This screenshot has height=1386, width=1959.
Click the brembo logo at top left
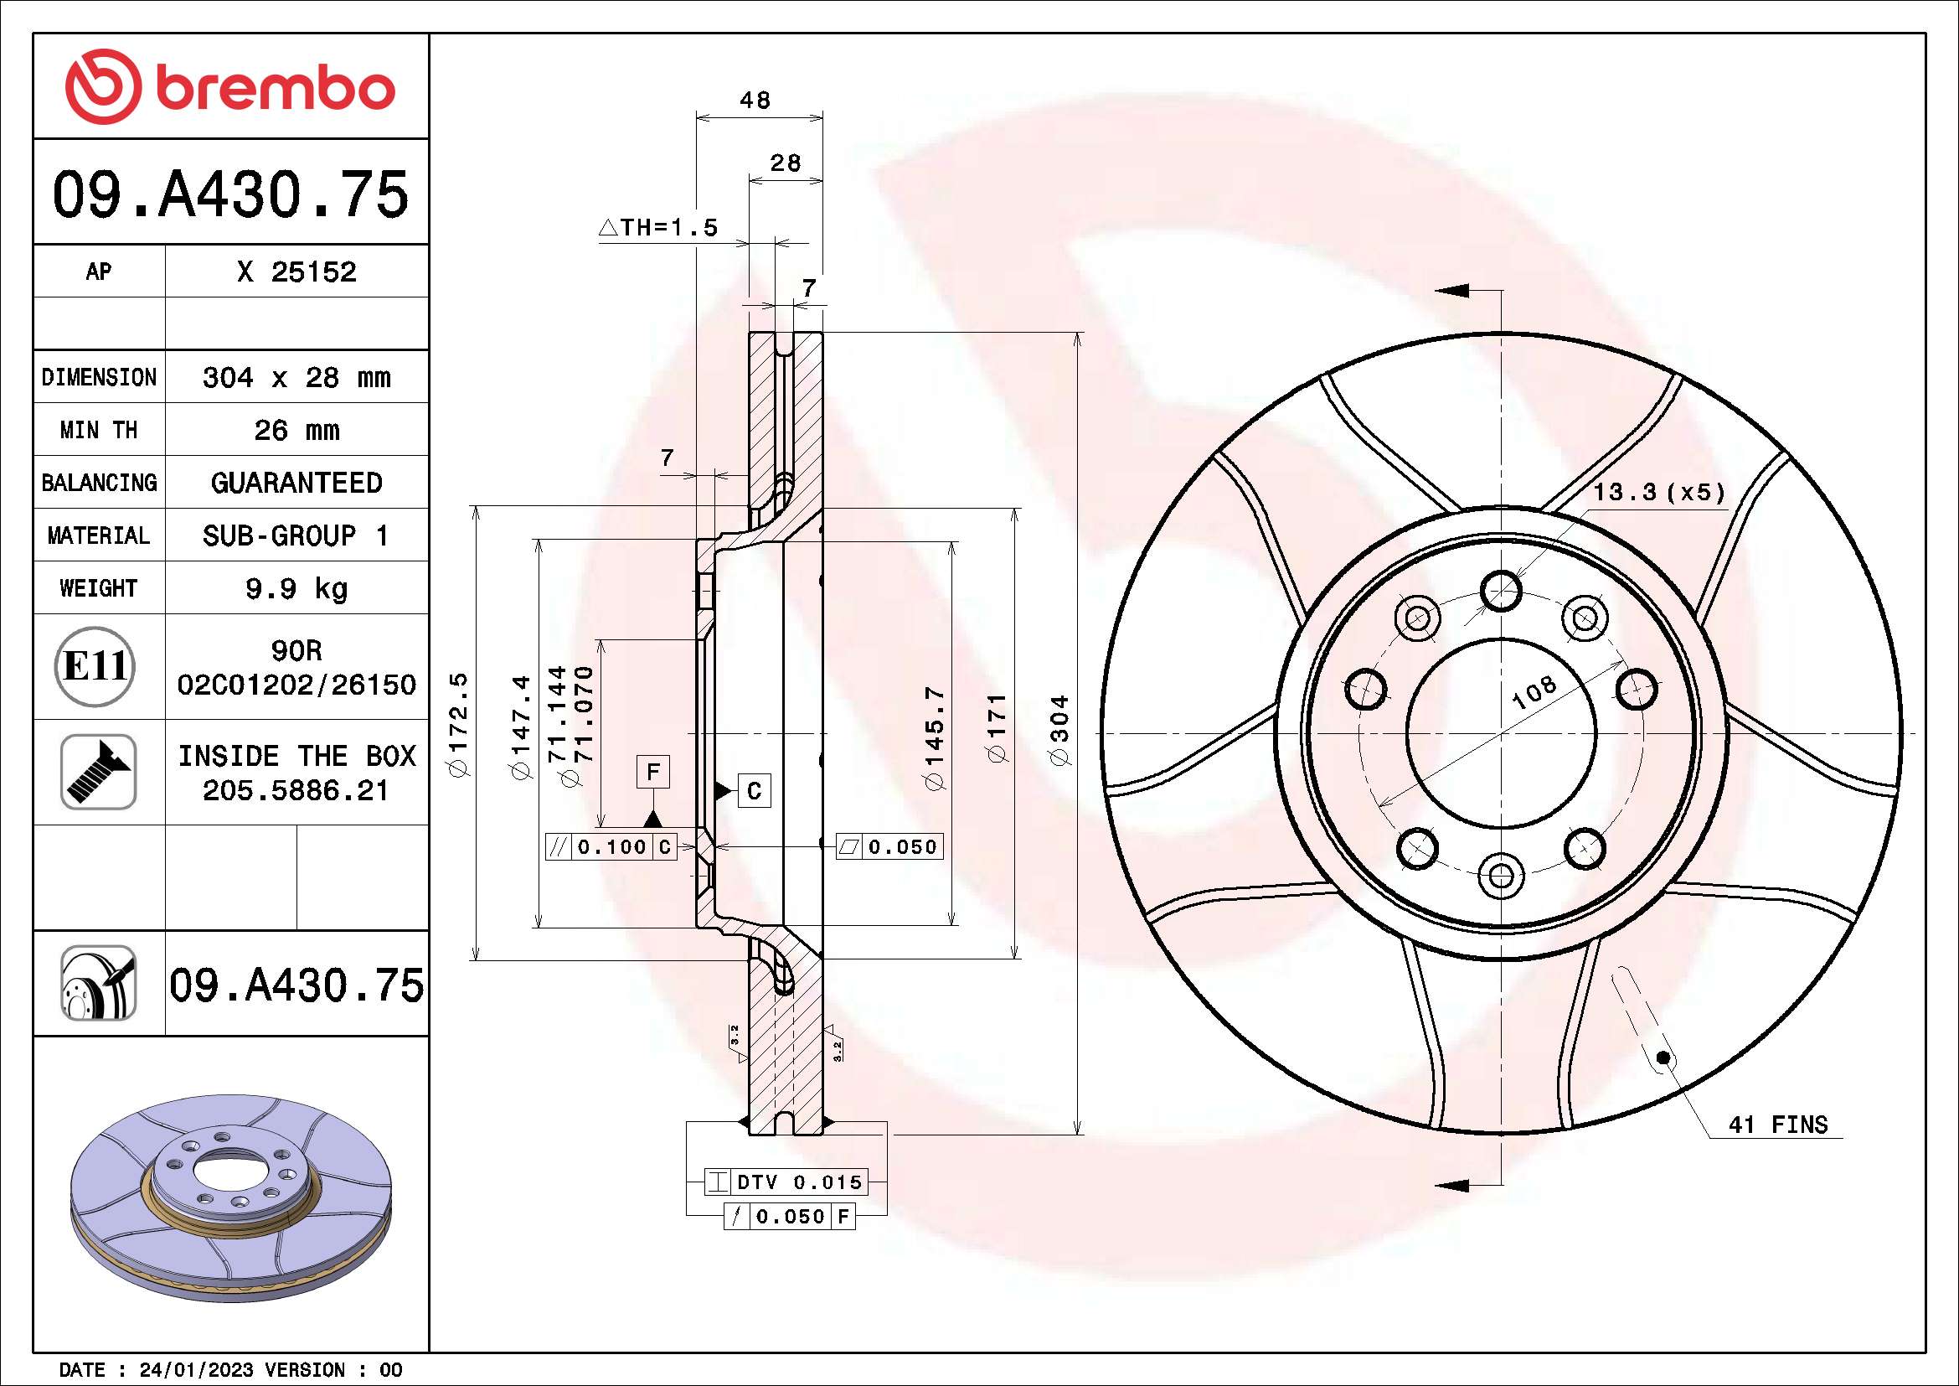click(230, 87)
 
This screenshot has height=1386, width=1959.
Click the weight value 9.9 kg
click(296, 589)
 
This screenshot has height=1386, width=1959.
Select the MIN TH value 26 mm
click(296, 430)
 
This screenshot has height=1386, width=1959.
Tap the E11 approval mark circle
click(95, 665)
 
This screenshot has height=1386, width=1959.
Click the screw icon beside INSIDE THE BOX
click(98, 772)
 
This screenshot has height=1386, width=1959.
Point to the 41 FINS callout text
click(1778, 1125)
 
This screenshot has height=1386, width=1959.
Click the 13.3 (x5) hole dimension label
click(1658, 493)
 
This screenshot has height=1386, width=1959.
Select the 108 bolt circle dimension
click(1534, 692)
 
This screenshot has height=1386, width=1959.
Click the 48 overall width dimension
click(755, 101)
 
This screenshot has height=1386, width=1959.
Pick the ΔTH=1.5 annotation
click(658, 228)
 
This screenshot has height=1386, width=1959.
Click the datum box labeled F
click(652, 772)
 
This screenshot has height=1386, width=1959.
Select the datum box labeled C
click(754, 791)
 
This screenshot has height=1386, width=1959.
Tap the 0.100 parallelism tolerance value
click(611, 846)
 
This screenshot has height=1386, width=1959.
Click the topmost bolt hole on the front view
click(1501, 591)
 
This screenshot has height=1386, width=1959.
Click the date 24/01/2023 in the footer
click(196, 1370)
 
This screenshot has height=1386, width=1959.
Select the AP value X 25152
click(296, 272)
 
